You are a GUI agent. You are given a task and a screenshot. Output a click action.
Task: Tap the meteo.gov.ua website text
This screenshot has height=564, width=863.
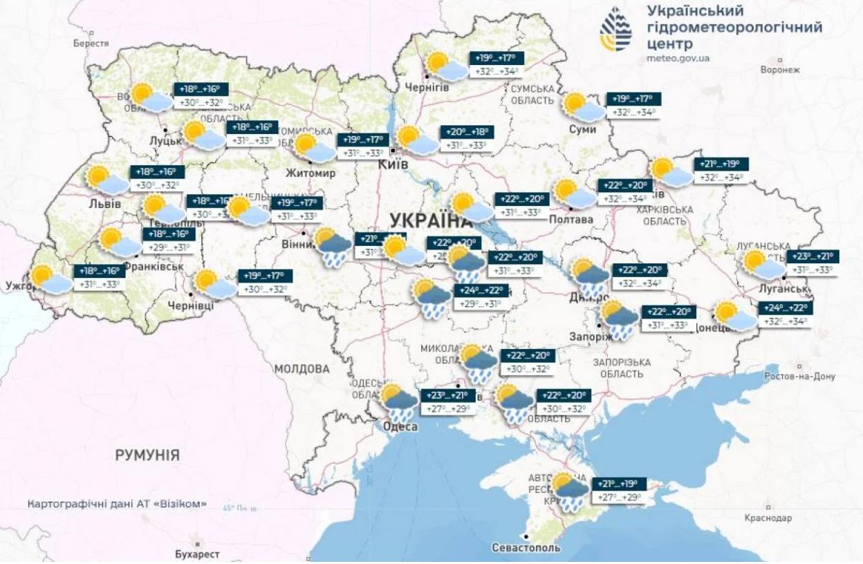[x=678, y=59]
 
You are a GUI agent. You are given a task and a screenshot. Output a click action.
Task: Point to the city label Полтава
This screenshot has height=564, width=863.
[x=571, y=219]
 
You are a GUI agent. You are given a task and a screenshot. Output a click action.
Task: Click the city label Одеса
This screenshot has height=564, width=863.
[x=400, y=427]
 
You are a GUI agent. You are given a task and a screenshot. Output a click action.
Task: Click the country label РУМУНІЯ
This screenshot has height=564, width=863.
[x=147, y=455]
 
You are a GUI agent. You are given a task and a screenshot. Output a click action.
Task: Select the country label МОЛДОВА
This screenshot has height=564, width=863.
[x=301, y=369]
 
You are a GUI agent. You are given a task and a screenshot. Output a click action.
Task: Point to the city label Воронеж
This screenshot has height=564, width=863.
[x=779, y=70]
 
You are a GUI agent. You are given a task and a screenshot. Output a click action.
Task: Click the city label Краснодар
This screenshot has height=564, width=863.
[x=768, y=518]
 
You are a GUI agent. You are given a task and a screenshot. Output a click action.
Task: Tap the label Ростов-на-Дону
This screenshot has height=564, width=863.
[x=799, y=377]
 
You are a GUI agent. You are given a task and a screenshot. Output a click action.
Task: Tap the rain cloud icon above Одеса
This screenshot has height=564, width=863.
[x=399, y=402]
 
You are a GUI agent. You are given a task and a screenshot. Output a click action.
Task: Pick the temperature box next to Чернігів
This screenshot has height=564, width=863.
[x=496, y=64]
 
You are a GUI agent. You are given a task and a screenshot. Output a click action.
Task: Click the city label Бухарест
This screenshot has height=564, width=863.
[x=198, y=554]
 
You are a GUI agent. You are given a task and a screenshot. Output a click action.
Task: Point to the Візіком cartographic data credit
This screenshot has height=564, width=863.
[x=117, y=504]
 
